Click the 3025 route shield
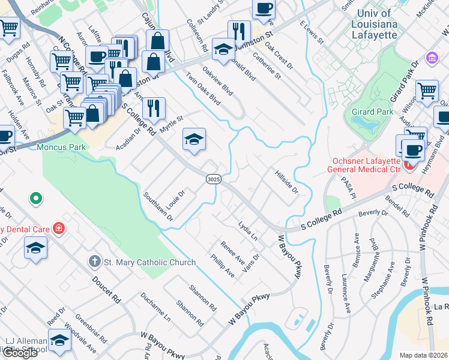[212, 179]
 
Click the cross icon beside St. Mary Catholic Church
[94, 262]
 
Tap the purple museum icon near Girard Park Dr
[431, 58]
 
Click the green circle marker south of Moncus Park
[35, 197]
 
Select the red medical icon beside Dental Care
[58, 228]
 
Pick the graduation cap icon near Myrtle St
[194, 140]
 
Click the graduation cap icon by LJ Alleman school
[59, 340]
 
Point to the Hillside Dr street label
[286, 182]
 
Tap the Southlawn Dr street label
[158, 207]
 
